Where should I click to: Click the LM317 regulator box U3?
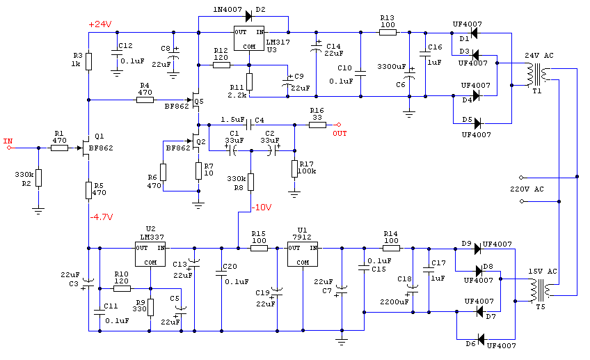pos(248,38)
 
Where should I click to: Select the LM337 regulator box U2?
pos(150,254)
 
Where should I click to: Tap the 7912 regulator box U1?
pos(303,254)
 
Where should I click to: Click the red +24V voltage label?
pos(100,24)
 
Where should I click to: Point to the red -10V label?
pos(262,207)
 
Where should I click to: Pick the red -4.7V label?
pos(102,217)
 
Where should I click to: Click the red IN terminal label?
pos(8,141)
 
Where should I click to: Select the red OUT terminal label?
pos(340,133)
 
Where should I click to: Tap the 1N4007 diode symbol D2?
pos(248,16)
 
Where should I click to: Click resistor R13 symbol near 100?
pos(388,33)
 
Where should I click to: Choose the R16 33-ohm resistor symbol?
pos(317,125)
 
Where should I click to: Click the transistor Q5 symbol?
pos(196,100)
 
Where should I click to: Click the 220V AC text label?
pos(527,189)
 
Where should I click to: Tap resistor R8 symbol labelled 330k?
pos(250,182)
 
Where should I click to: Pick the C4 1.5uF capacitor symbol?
pos(249,125)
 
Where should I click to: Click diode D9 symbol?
pos(477,249)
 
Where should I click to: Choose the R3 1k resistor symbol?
pos(89,61)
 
